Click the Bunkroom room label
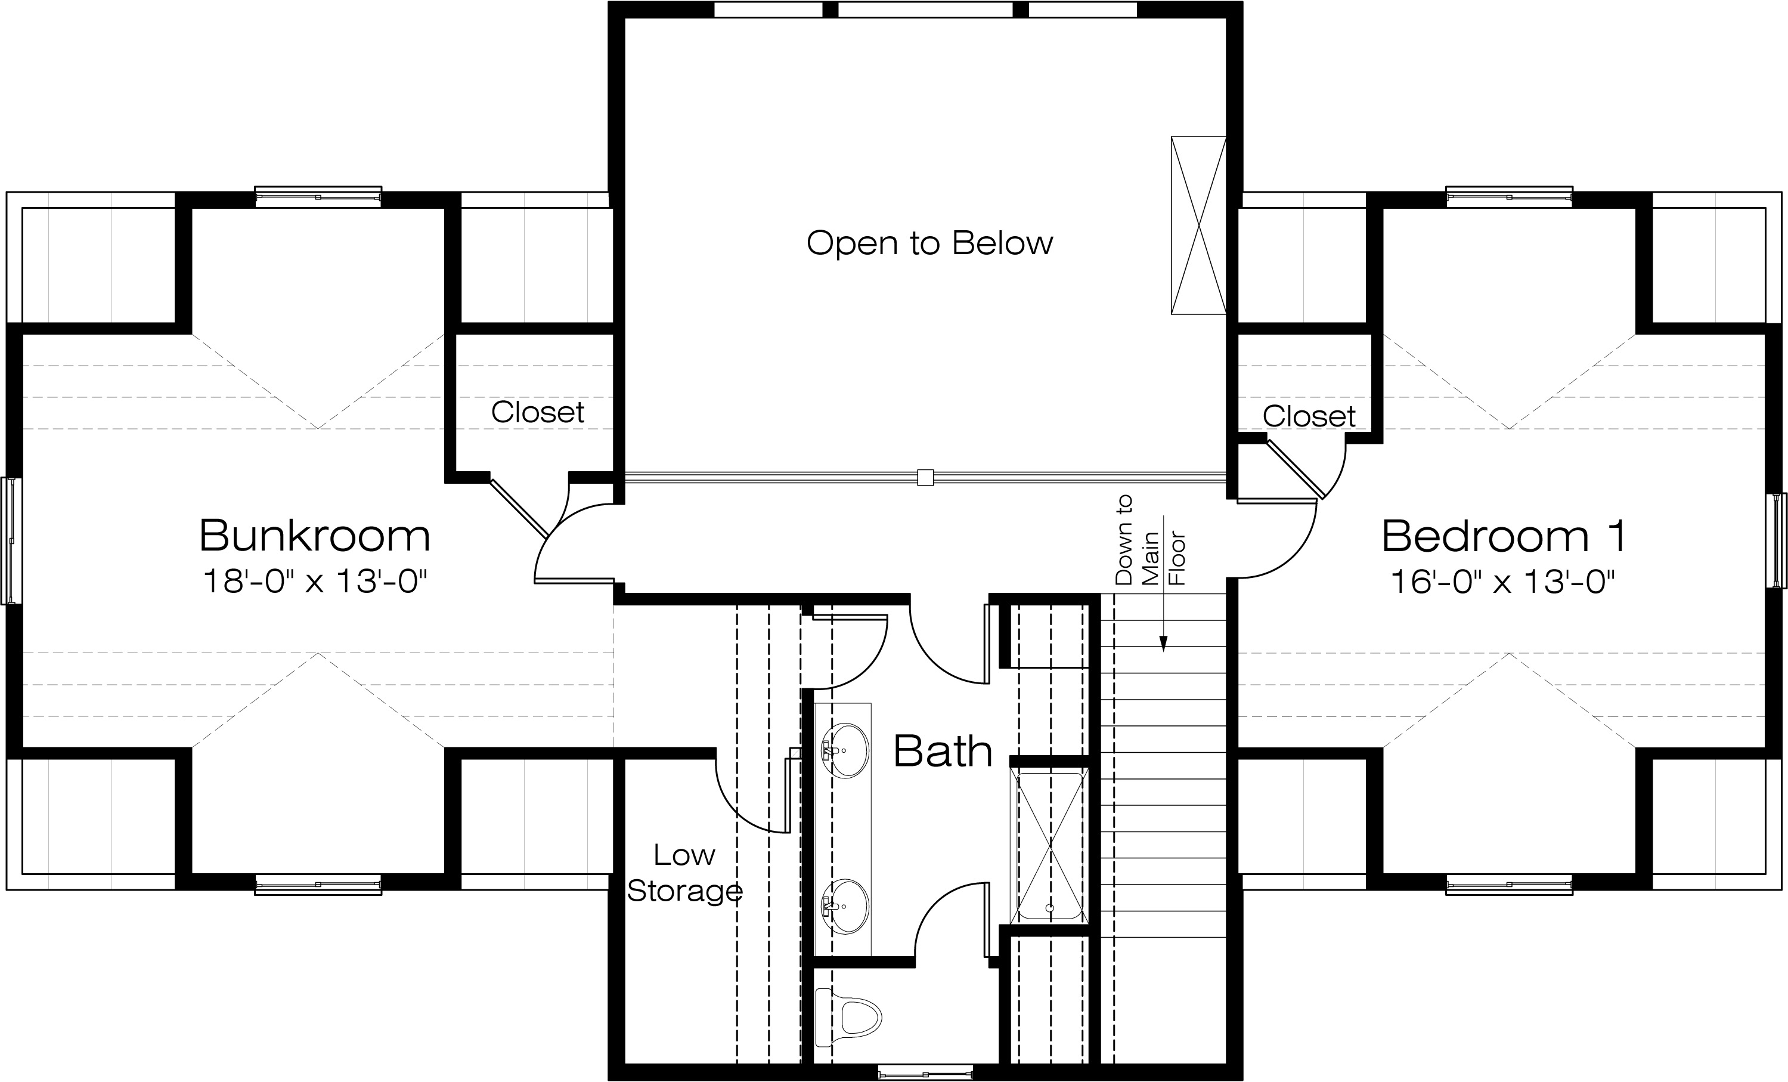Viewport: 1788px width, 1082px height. (x=314, y=536)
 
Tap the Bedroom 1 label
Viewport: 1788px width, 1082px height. (x=1503, y=536)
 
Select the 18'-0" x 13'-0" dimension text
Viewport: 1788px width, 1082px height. (x=314, y=581)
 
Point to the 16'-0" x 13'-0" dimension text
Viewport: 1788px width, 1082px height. (x=1502, y=581)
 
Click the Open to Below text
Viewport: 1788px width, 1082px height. (x=929, y=243)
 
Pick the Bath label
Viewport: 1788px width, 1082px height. (x=943, y=751)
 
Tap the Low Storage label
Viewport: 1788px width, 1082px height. (x=684, y=873)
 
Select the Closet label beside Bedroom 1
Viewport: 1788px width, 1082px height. (x=1309, y=416)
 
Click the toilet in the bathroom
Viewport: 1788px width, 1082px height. (x=848, y=1016)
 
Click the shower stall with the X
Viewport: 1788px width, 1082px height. (x=1050, y=846)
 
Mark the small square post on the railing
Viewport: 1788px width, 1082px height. (x=925, y=477)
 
